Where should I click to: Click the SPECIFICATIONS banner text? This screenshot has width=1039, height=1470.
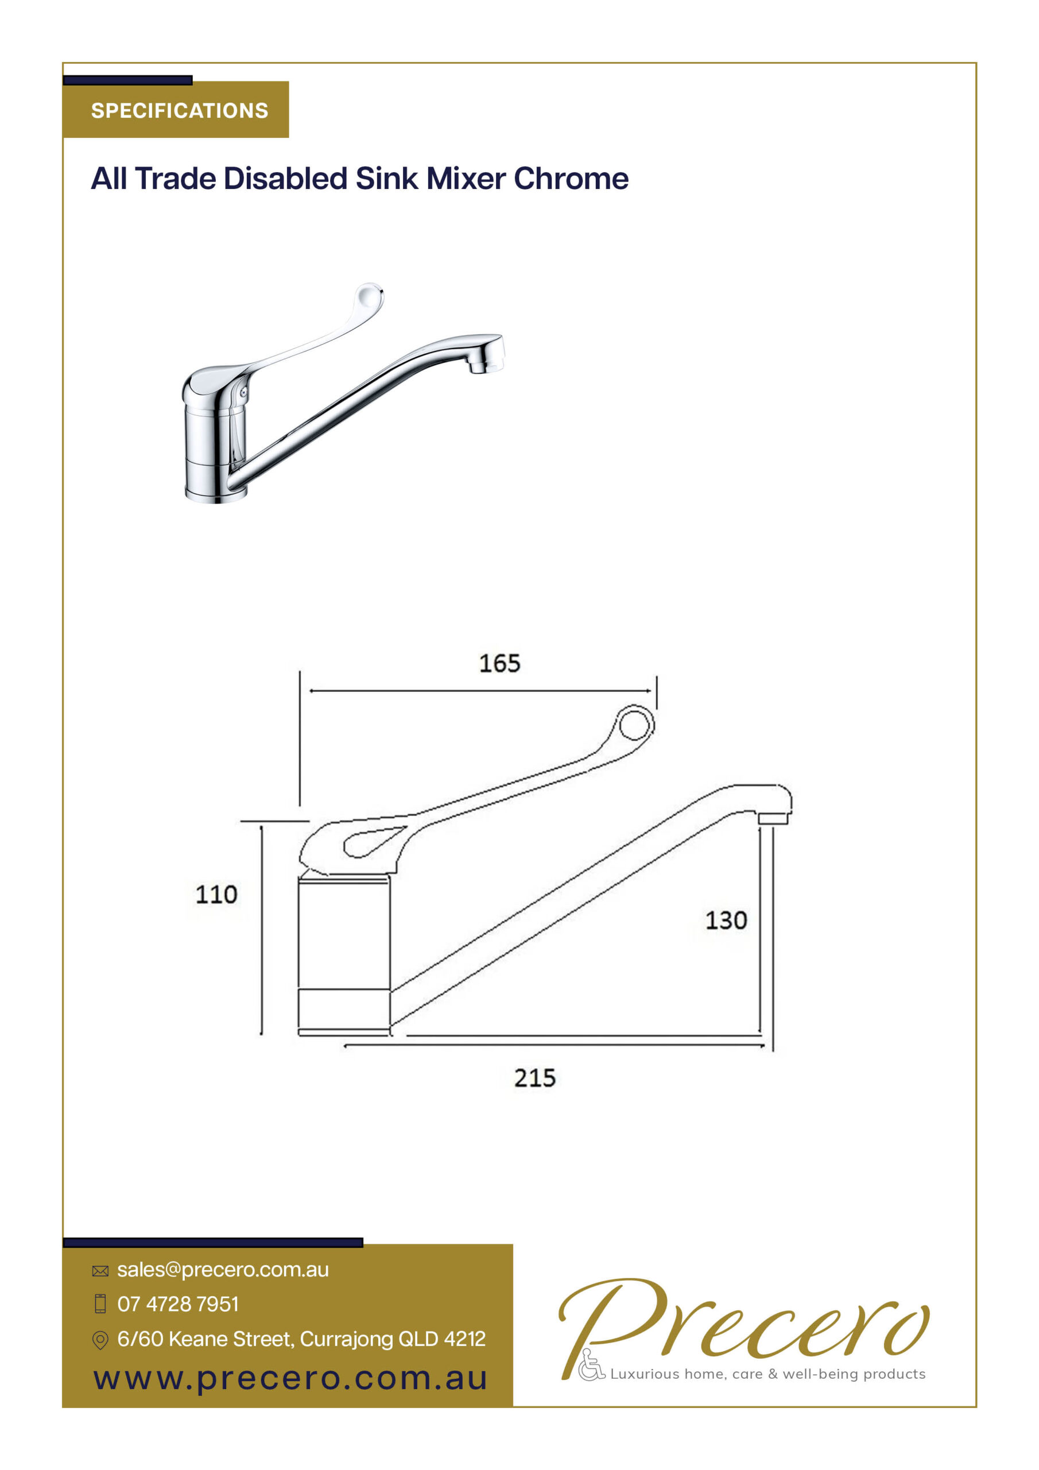[179, 111]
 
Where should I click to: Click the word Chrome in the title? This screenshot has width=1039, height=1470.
[571, 179]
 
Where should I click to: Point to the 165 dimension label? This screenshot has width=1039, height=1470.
[499, 663]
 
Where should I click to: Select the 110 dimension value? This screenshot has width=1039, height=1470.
[216, 895]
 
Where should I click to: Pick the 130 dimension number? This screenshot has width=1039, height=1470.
[726, 920]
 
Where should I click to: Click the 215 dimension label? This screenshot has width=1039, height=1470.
[534, 1078]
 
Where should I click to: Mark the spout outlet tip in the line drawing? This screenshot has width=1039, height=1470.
[773, 818]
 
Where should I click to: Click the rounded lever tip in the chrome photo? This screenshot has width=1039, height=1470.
[369, 295]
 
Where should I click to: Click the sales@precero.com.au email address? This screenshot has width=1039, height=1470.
[223, 1270]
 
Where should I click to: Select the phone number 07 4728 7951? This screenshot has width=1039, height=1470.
[178, 1303]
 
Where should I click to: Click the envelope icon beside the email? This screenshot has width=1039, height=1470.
[100, 1271]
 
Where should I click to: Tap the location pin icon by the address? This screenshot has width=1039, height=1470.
[100, 1340]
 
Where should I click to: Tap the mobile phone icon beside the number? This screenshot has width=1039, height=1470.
[100, 1303]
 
